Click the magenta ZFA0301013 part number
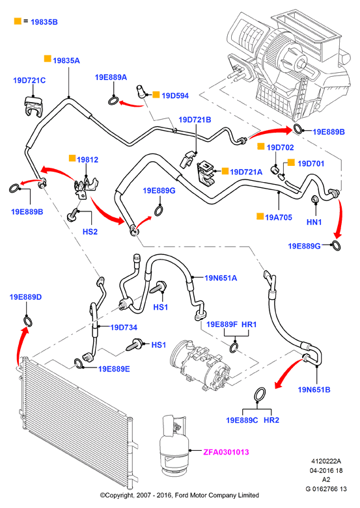[226, 452]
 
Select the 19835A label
[66, 60]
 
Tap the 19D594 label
[175, 96]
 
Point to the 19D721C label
[29, 81]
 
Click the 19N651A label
[221, 278]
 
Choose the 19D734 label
[124, 327]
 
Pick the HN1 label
[314, 222]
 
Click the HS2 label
[90, 232]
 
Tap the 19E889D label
[25, 297]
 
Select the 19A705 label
[279, 217]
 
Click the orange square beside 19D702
[261, 146]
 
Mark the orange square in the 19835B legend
[18, 21]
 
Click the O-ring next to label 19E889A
[114, 101]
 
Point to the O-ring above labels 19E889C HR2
[260, 394]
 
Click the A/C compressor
[201, 364]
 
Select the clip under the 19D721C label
[34, 106]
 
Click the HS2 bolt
[72, 215]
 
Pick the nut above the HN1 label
[314, 199]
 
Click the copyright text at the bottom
[180, 496]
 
